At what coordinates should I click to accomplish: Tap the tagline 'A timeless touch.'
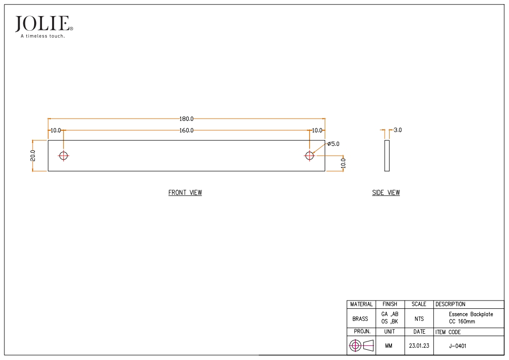click(x=42, y=36)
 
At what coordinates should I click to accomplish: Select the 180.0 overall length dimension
click(x=186, y=119)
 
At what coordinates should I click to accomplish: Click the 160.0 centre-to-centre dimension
click(x=186, y=130)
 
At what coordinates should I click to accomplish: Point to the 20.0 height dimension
click(x=33, y=156)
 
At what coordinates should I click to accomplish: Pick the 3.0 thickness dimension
click(x=397, y=130)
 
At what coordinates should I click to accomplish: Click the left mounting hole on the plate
click(x=63, y=156)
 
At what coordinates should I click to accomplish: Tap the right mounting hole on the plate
click(x=309, y=156)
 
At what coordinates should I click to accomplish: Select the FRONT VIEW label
click(x=185, y=193)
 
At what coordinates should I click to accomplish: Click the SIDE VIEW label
click(x=386, y=193)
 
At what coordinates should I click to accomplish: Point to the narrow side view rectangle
click(x=387, y=156)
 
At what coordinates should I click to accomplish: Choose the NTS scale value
click(x=419, y=319)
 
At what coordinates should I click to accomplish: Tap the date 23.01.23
click(x=419, y=345)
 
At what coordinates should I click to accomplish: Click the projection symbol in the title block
click(x=360, y=345)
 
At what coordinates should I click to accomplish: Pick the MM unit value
click(x=389, y=345)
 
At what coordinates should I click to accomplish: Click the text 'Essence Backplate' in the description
click(x=471, y=315)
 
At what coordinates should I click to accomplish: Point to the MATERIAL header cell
click(x=361, y=304)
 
